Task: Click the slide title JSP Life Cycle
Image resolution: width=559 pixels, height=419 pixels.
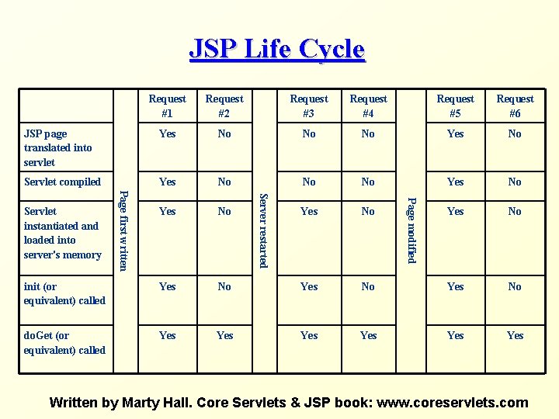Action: click(277, 49)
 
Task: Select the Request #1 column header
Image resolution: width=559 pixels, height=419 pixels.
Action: click(167, 106)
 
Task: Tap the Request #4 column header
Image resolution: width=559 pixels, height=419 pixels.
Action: click(368, 106)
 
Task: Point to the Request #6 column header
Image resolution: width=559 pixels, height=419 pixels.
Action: click(515, 106)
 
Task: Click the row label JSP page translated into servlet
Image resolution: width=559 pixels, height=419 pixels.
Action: click(58, 147)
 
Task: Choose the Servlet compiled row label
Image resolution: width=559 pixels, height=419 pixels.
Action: click(62, 182)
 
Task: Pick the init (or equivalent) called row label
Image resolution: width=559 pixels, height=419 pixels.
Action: click(64, 293)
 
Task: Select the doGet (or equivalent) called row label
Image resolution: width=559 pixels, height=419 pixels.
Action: click(64, 342)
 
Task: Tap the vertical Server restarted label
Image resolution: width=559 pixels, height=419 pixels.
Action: click(263, 230)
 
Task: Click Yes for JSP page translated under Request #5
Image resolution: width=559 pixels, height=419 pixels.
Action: click(456, 133)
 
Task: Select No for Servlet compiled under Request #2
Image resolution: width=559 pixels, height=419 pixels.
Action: click(224, 182)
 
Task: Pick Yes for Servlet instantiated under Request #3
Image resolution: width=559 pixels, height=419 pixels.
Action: click(309, 211)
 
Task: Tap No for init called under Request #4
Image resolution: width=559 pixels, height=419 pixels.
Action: click(368, 286)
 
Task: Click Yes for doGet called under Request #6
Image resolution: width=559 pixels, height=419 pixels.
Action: click(515, 335)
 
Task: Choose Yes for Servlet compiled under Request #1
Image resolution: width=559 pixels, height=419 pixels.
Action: click(167, 182)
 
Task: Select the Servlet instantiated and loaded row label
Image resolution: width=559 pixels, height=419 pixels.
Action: click(62, 233)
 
